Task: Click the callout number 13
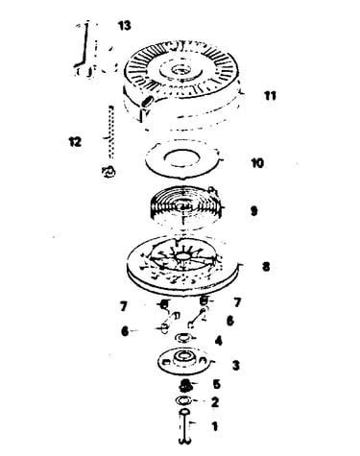coord(125,26)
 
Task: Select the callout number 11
coord(270,96)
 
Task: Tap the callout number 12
coord(75,142)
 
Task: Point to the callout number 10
coord(257,163)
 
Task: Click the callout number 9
coord(253,211)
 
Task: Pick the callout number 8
coord(266,267)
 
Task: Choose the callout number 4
coord(219,341)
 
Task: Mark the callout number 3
coord(236,365)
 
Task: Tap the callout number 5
coord(217,384)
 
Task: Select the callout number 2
coord(215,402)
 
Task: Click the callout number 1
coord(215,426)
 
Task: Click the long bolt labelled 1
coord(184,426)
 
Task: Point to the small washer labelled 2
coord(183,400)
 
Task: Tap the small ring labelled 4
coord(183,338)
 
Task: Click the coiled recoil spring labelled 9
coord(185,204)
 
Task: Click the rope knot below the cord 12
coord(108,172)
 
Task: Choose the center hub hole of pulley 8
coord(182,256)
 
